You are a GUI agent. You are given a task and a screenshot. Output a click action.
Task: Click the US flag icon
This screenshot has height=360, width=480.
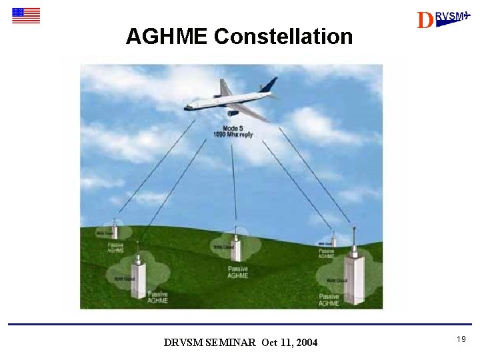coord(26,15)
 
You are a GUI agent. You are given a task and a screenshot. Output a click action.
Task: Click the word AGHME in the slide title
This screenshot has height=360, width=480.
coord(167,37)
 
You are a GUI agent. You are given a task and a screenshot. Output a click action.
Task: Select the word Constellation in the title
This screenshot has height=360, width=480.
coord(283,37)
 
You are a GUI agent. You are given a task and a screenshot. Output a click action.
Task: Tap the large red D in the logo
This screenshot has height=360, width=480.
coord(424,21)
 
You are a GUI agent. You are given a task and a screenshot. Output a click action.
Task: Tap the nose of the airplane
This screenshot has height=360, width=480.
coord(187,106)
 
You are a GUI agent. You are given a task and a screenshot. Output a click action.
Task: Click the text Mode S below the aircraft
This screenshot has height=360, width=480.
coord(233,128)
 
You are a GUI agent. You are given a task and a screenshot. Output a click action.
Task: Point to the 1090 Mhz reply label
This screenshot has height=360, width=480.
coord(233,135)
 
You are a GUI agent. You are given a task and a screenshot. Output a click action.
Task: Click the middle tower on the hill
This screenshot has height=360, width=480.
coord(235,247)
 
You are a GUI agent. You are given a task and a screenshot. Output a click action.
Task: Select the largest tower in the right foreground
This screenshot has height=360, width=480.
coord(353,279)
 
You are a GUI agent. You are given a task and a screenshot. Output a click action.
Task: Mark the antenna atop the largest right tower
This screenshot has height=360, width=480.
coord(351,240)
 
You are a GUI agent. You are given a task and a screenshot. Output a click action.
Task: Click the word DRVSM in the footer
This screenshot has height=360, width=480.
coord(179,343)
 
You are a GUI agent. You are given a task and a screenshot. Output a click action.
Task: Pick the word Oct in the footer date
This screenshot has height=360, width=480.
coord(269,343)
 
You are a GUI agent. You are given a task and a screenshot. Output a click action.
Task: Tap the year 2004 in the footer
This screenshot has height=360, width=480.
coord(306,343)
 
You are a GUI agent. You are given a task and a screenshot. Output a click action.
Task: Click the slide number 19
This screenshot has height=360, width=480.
coord(461,340)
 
